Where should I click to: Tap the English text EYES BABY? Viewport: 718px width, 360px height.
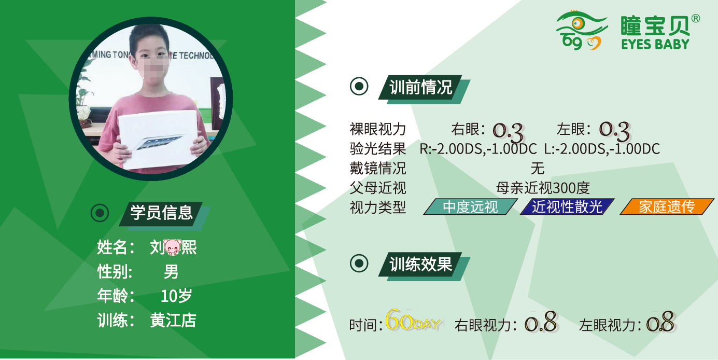655,44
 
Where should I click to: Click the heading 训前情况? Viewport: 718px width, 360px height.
420,87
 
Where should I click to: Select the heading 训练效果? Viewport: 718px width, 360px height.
420,265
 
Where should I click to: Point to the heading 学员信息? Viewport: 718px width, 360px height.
161,212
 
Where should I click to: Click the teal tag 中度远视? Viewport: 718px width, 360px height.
470,206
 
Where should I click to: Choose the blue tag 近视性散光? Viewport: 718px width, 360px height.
567,206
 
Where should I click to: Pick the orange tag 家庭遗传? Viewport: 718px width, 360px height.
667,206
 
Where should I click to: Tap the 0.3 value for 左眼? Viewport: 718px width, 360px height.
614,131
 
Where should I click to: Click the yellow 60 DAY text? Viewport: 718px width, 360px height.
413,320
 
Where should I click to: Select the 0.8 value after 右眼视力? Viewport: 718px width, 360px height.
541,322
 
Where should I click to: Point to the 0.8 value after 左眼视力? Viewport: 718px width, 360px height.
660,322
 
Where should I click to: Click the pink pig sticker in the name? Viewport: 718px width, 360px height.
173,247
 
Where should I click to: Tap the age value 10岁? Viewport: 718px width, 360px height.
176,296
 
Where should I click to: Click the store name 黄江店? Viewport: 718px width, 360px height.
173,320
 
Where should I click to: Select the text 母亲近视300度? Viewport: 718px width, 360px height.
543,188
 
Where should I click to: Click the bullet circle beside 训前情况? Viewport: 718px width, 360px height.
359,86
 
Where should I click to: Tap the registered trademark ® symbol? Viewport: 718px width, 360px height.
695,18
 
